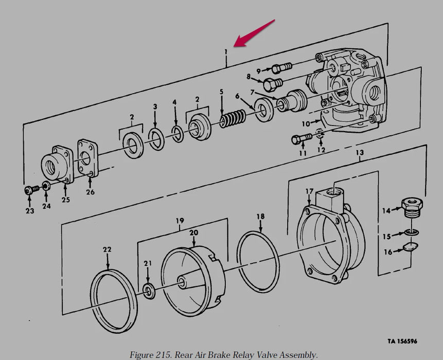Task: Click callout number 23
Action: [30, 211]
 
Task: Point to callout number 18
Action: [260, 217]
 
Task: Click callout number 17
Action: [309, 192]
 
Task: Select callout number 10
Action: [305, 123]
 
